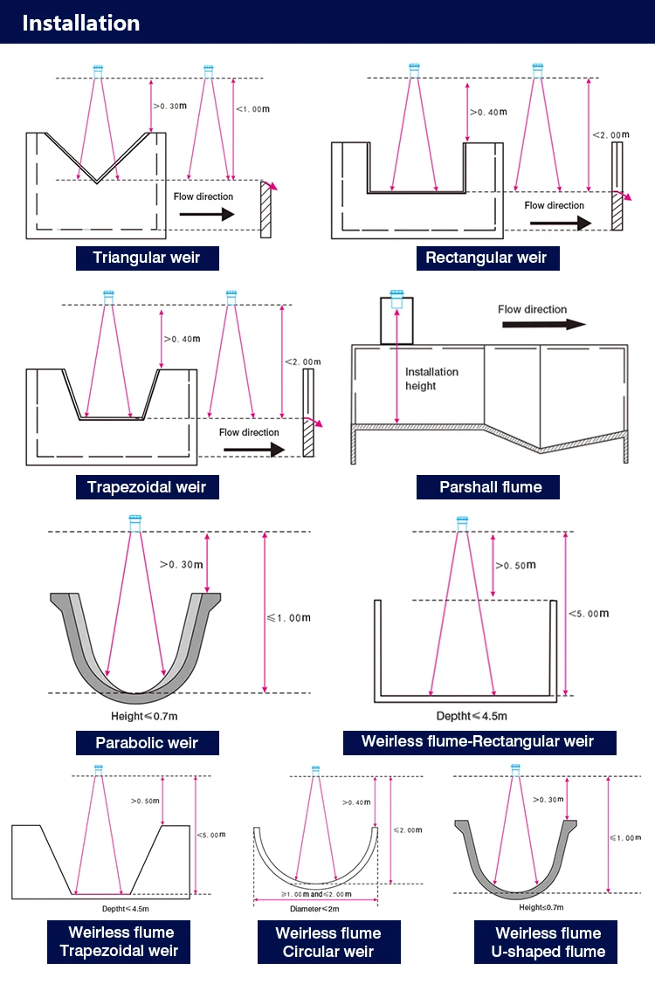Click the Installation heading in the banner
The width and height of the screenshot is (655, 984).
coord(80,23)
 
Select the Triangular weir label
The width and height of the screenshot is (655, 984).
coord(147,258)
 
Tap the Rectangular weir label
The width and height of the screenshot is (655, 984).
coord(486,258)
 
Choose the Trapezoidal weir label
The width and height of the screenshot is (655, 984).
coord(147,486)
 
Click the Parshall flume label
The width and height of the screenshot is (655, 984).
coord(490,486)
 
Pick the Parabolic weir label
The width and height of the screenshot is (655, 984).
coord(147,743)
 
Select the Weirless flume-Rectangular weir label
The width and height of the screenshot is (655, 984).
coord(478,742)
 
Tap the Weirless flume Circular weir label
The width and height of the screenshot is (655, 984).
coord(328,942)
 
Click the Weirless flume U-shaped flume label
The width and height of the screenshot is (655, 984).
coord(548,942)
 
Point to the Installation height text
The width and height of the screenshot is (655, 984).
coord(431,379)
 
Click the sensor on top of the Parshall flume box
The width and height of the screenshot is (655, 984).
coord(397,301)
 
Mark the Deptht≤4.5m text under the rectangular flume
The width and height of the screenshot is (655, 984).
coord(471,716)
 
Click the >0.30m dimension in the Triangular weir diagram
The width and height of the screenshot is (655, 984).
coord(170,106)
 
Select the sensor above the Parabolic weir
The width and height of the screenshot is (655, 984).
coord(134,522)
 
